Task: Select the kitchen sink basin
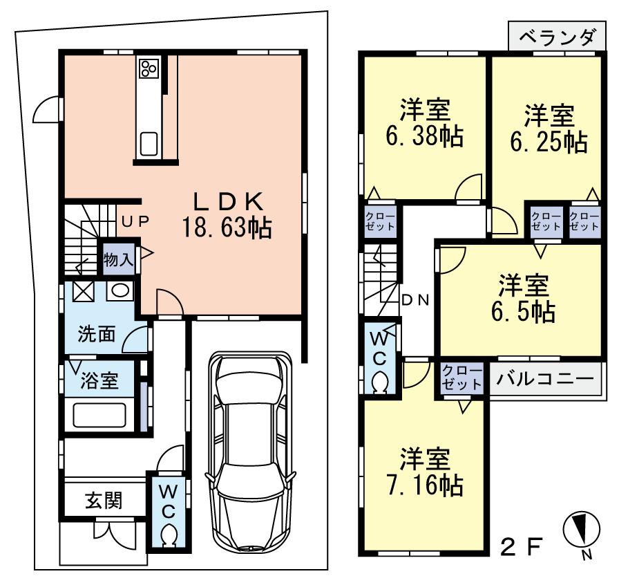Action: (149, 144)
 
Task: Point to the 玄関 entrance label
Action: (104, 500)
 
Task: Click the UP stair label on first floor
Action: (136, 221)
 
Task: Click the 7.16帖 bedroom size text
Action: (423, 485)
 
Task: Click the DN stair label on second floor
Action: (415, 300)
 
